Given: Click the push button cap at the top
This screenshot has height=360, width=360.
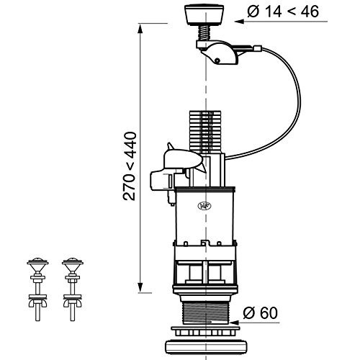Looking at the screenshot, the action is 204,15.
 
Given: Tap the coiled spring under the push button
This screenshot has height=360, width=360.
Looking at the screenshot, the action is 204,33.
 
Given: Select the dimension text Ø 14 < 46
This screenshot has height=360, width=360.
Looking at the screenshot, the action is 283,12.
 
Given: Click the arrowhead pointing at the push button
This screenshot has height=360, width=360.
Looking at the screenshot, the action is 240,22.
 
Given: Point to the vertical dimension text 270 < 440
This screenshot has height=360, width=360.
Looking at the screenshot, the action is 130,166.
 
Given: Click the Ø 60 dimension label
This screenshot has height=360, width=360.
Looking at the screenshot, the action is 261,312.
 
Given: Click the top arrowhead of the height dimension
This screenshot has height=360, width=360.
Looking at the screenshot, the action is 140,28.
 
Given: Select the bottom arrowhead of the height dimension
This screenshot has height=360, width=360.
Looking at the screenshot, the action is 140,287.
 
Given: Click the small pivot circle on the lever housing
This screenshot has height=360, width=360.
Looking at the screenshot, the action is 217,60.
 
